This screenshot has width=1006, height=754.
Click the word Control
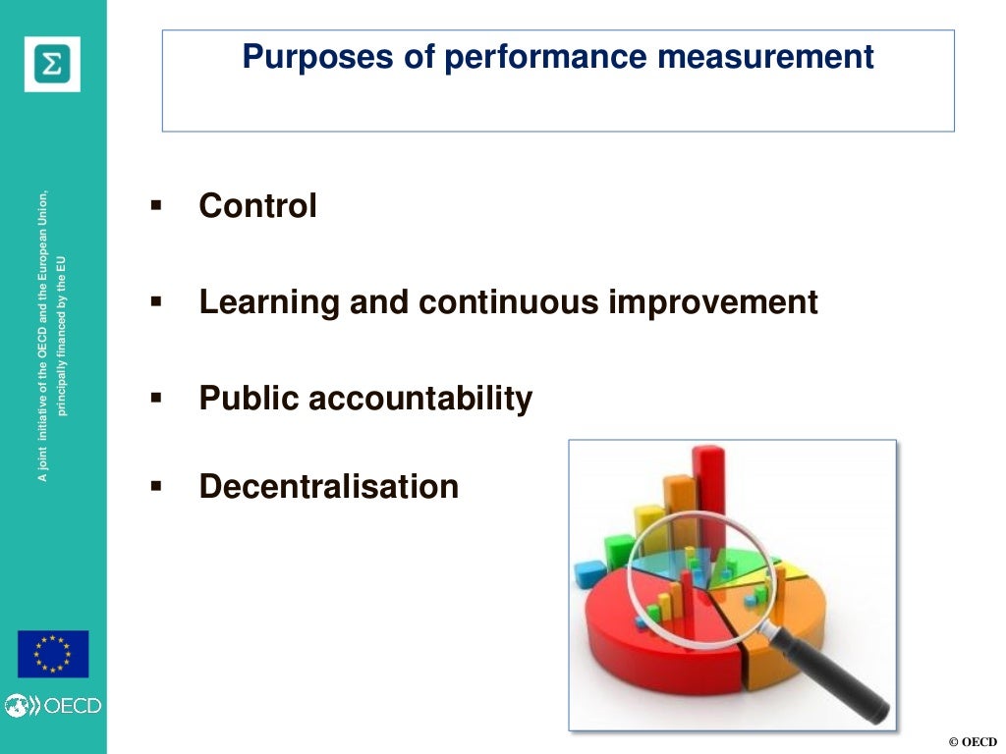257,206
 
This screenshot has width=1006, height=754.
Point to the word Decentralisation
328,486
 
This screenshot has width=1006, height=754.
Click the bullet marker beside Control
155,206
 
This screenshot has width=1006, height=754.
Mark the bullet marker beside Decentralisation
155,485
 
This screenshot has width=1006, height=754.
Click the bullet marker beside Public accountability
155,397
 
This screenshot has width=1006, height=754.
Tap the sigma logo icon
52,64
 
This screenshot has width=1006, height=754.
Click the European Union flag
53,654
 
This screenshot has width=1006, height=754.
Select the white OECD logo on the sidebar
53,705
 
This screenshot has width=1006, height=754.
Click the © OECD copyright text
972,741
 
